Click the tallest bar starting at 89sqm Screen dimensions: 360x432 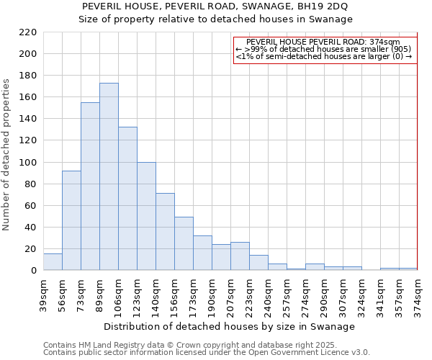[109, 176]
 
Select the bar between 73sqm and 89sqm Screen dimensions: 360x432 [90, 186]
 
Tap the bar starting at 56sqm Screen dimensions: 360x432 [71, 220]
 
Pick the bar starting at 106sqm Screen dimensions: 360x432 [127, 199]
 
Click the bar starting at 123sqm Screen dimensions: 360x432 [146, 216]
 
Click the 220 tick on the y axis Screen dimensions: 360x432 [28, 32]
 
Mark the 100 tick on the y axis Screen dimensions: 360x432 [28, 163]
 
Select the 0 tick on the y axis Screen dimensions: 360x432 [34, 271]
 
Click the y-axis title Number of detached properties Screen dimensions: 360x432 [7, 155]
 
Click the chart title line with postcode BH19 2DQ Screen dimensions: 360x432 [215, 6]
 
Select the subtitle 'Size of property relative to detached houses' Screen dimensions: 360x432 [215, 19]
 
